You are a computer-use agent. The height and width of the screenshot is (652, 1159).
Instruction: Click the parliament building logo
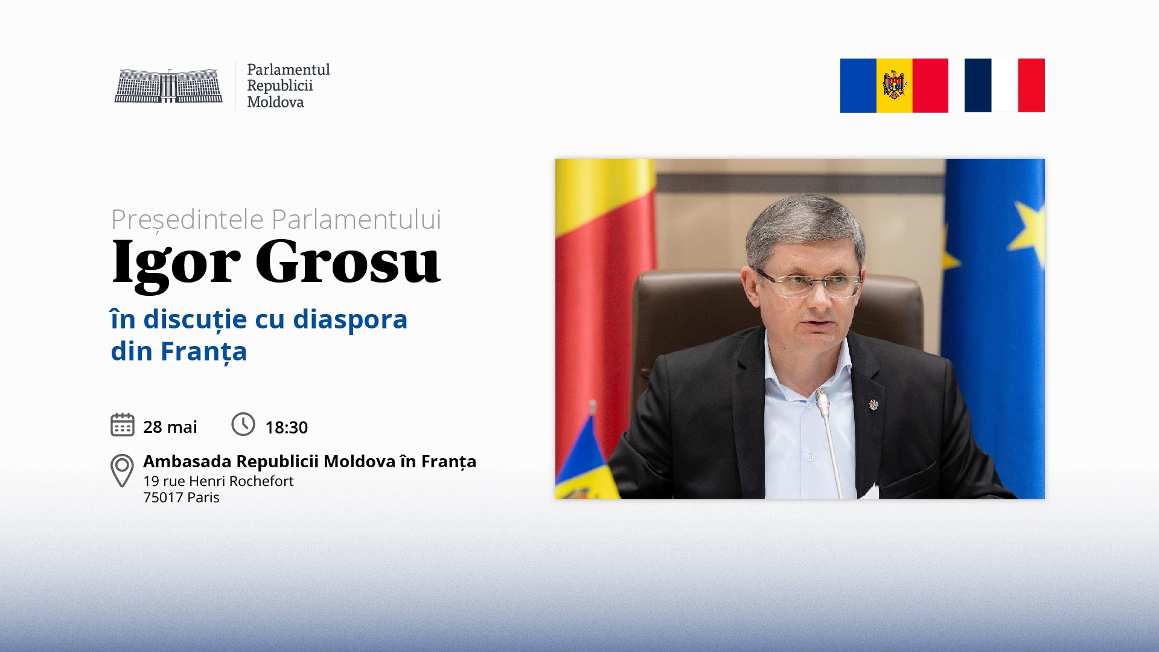coord(168,85)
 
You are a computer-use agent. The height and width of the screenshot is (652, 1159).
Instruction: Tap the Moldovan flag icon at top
coord(894,86)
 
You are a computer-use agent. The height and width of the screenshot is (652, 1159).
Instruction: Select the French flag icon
coord(1004,85)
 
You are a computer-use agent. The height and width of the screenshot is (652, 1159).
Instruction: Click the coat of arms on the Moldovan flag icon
coord(894,85)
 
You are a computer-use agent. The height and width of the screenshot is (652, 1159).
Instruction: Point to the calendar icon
coord(123,424)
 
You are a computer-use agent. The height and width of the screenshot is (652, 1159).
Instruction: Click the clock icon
coord(243,424)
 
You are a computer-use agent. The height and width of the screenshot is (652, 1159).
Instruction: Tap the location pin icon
coord(122,470)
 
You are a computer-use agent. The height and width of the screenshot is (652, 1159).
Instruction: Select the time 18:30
coord(287,427)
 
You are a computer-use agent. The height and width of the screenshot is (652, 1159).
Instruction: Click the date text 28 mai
coord(170,427)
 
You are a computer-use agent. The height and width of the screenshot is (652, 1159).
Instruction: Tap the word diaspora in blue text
coord(350,319)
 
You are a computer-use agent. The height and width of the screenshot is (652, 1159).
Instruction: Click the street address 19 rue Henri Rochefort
coord(219,481)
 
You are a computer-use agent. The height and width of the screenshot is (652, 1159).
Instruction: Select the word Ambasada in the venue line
coord(187,461)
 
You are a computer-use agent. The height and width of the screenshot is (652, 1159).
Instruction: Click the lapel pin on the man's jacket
coord(873,404)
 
